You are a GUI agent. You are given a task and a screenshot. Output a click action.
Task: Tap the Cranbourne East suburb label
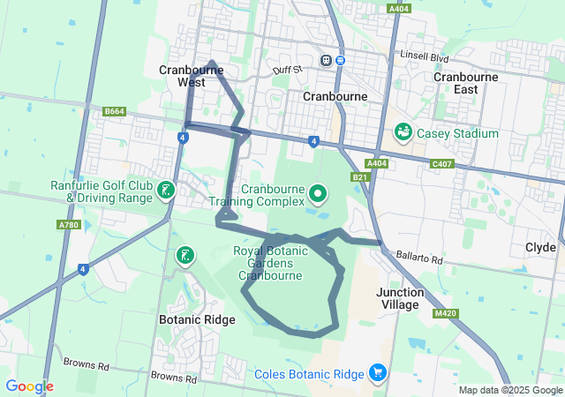click(465, 83)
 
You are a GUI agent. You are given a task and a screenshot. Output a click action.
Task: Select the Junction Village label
click(397, 298)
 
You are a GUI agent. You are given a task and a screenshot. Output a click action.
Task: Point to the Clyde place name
click(539, 247)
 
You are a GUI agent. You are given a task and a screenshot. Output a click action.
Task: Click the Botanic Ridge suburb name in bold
click(197, 319)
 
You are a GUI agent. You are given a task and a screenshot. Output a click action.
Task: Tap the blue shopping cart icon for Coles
click(377, 373)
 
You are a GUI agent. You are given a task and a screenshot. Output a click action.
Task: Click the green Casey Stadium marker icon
click(403, 132)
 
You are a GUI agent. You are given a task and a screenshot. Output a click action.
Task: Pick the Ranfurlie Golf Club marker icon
click(164, 191)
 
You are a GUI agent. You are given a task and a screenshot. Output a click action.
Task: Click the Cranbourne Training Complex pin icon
click(318, 191)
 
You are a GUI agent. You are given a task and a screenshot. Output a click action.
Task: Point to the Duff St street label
click(287, 68)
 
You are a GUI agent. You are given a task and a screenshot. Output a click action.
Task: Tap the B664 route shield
click(114, 111)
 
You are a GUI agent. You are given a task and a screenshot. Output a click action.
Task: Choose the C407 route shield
click(442, 163)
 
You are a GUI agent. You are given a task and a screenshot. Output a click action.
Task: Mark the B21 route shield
click(359, 177)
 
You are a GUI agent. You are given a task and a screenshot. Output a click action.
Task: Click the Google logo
click(29, 386)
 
